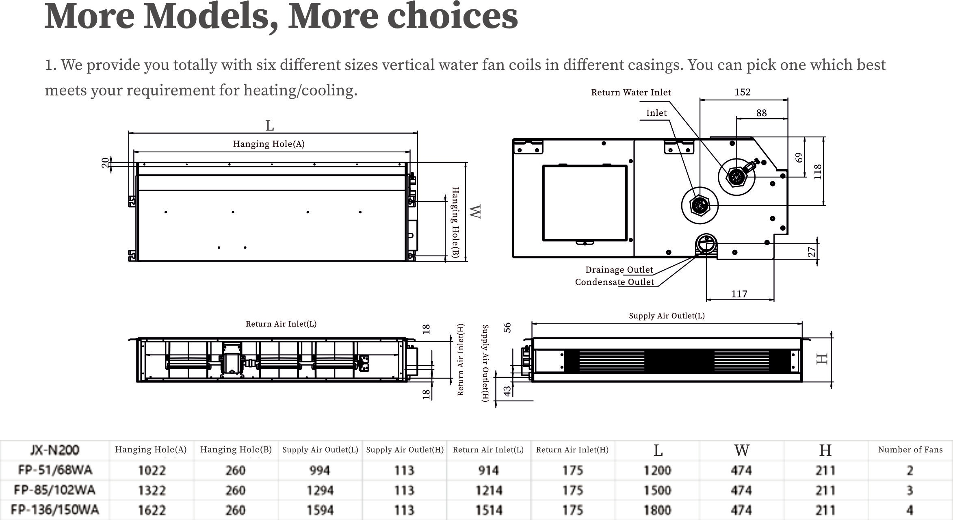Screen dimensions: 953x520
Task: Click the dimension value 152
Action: (742, 92)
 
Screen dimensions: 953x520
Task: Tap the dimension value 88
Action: (761, 113)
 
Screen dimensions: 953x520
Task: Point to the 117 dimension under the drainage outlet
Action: (739, 294)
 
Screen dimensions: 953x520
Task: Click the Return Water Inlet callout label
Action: (631, 93)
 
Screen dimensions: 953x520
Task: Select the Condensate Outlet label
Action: (614, 282)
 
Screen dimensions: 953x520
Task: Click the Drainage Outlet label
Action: (619, 270)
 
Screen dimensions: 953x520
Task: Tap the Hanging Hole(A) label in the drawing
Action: (269, 144)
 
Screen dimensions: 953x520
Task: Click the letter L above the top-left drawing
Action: (269, 126)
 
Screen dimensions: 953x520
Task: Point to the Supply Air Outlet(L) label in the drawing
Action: (667, 316)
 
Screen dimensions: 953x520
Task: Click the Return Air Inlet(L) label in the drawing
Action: (281, 324)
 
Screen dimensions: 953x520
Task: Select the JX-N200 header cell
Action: (55, 450)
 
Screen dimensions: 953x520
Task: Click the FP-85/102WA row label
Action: (54, 490)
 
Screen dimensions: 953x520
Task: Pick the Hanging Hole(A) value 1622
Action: (152, 510)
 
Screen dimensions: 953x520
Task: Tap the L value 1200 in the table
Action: (657, 470)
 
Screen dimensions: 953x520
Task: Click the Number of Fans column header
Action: (910, 450)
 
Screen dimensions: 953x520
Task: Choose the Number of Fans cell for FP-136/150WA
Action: (910, 510)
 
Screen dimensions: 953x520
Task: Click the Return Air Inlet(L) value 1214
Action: (489, 490)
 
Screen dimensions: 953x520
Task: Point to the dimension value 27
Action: (811, 252)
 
